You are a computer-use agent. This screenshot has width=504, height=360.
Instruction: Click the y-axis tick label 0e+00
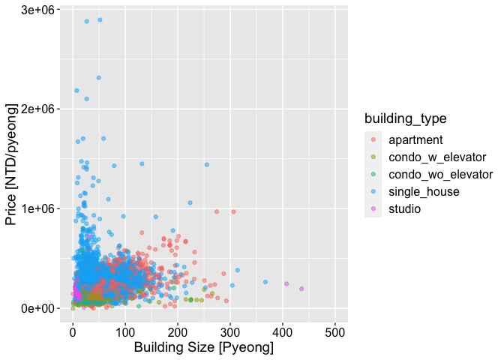pos(34,308)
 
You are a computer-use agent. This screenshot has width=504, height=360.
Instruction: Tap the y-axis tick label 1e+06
pos(34,208)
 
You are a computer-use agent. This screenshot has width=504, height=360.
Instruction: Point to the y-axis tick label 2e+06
pos(34,109)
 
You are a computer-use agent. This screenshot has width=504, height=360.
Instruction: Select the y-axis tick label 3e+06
pos(34,10)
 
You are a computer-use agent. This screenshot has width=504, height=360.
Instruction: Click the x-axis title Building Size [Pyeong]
pos(203,349)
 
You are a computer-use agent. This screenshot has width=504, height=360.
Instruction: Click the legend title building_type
pos(405,118)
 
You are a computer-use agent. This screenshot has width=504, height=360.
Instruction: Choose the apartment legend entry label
pos(415,139)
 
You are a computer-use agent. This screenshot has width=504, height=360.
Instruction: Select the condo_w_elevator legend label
pos(437,157)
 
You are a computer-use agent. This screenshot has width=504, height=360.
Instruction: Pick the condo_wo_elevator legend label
pos(440,174)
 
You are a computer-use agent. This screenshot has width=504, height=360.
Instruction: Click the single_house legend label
pos(424,191)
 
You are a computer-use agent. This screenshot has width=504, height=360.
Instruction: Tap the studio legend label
pos(405,208)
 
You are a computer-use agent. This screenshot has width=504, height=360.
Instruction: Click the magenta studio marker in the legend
pos(373,208)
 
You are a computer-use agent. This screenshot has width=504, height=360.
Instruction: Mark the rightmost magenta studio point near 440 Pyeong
pos(301,289)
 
